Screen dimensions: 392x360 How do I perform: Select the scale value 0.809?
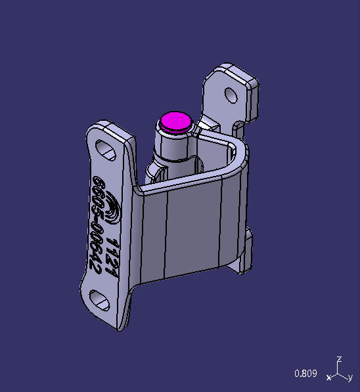(x=305, y=374)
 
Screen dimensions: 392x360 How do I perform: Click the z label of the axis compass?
(x=339, y=360)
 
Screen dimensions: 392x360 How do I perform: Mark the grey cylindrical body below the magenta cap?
(x=172, y=148)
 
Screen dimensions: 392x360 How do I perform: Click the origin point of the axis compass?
(x=338, y=374)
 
